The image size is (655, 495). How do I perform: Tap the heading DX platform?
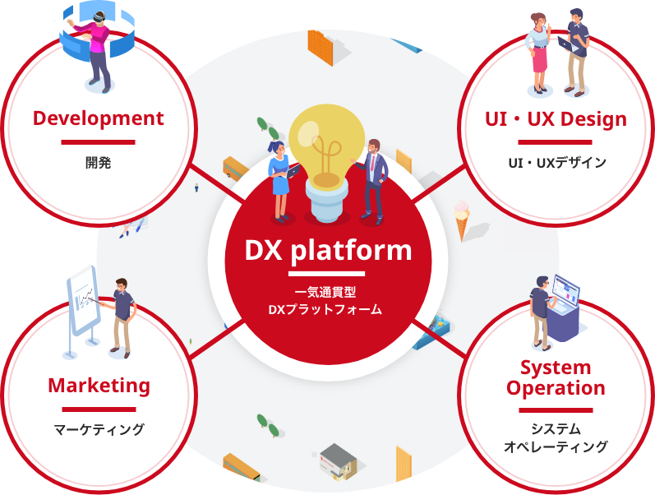click(x=328, y=250)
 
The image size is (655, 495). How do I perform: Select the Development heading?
click(x=99, y=118)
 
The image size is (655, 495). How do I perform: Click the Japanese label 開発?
click(x=98, y=162)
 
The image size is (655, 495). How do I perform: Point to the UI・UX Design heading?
click(x=556, y=119)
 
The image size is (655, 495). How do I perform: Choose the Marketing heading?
click(x=99, y=385)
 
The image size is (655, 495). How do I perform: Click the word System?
click(x=556, y=367)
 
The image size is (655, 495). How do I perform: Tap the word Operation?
click(x=556, y=388)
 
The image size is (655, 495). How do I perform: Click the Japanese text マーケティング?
click(x=99, y=428)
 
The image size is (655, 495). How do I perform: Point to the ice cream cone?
click(x=464, y=220)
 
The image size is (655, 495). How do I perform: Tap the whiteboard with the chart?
click(x=83, y=299)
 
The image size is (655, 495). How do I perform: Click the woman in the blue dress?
click(x=279, y=179)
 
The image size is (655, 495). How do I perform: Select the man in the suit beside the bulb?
click(x=375, y=178)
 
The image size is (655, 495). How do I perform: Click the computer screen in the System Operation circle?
click(x=566, y=289)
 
